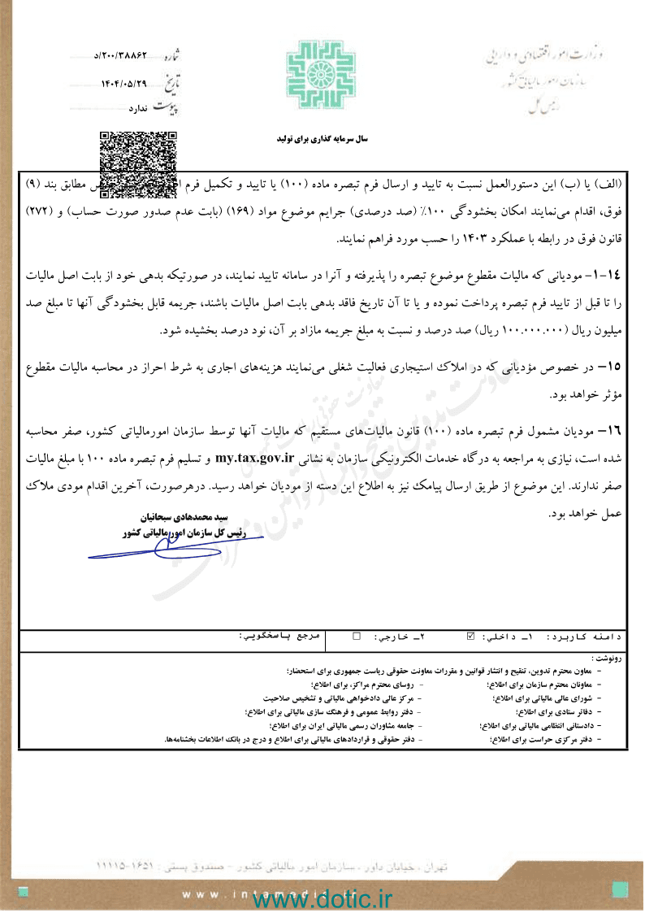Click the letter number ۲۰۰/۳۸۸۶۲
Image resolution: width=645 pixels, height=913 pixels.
point(125,56)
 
